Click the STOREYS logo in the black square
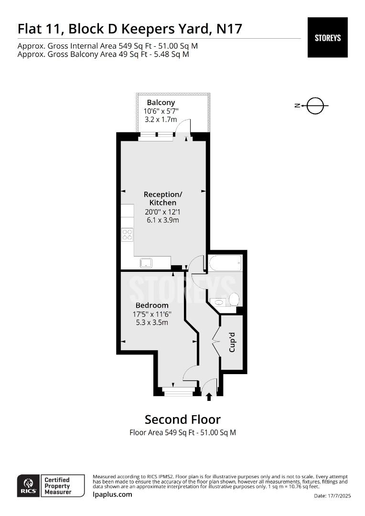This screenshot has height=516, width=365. pos(327,38)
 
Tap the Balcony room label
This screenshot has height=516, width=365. pos(161,102)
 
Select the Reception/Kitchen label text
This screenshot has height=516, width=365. pos(162,198)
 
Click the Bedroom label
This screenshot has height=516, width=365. pos(152,305)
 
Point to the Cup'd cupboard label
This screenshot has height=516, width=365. pos(232,342)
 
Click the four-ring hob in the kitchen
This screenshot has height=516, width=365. pos(128,235)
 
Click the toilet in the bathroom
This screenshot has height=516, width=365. pos(234,299)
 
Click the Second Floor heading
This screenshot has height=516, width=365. pos(182,419)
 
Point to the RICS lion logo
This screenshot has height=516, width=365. pos(29,486)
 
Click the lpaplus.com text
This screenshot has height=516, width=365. pos(113,494)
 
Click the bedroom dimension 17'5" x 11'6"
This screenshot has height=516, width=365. pos(152,314)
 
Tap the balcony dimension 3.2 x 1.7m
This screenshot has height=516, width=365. pos(161,119)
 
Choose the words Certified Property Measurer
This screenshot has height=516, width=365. pos(58,486)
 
